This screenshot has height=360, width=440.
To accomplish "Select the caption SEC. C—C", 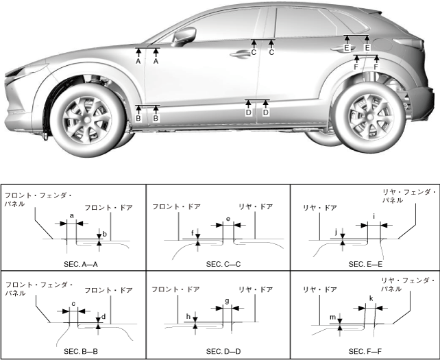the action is (219, 263).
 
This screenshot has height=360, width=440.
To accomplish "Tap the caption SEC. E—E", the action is (365, 263).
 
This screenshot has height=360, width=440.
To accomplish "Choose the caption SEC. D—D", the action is (219, 351).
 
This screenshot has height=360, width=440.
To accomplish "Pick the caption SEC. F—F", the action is (365, 351).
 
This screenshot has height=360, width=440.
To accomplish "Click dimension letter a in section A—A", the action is (72, 216).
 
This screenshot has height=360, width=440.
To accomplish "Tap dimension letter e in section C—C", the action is (228, 219).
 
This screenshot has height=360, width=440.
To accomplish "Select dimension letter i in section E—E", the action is (374, 216).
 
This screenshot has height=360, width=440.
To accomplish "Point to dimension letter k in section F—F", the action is (371, 298).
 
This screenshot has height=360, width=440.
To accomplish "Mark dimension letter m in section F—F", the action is (332, 317).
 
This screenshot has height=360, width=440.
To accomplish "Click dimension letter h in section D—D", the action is (187, 316).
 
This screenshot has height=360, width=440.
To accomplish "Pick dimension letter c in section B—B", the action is (73, 304).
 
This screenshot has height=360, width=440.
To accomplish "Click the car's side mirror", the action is (184, 36).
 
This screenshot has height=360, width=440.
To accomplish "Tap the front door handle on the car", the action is (241, 54).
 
